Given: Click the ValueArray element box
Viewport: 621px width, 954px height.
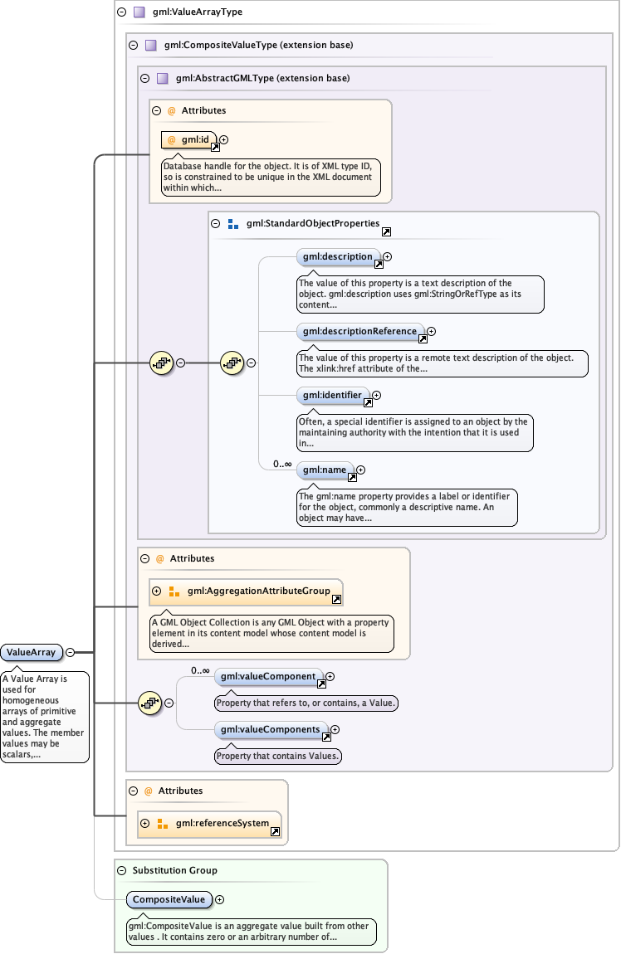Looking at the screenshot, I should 32,652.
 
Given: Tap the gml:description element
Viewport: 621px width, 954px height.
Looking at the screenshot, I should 338,257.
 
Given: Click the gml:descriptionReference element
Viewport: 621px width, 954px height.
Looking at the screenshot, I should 359,332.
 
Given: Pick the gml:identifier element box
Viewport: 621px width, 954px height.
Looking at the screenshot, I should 332,396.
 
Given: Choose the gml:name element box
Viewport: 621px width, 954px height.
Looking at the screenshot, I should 325,470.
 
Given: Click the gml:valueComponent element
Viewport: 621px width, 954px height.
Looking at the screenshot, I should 267,677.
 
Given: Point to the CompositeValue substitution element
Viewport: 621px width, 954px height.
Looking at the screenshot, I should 169,899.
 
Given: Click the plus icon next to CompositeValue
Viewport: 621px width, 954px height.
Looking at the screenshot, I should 220,899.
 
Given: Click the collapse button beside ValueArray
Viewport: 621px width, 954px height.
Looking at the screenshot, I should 71,652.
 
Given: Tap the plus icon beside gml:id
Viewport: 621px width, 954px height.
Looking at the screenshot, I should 223,140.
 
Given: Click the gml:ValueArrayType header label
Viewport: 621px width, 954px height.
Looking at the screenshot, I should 191,12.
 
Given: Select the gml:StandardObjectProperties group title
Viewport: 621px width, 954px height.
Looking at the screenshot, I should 313,224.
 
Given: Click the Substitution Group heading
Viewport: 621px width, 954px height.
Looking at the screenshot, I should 175,870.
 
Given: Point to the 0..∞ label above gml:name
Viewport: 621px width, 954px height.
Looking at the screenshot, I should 282,464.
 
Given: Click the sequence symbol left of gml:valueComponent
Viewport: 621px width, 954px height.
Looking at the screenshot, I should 149,703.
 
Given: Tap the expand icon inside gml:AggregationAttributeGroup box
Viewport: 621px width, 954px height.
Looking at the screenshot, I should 156,591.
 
